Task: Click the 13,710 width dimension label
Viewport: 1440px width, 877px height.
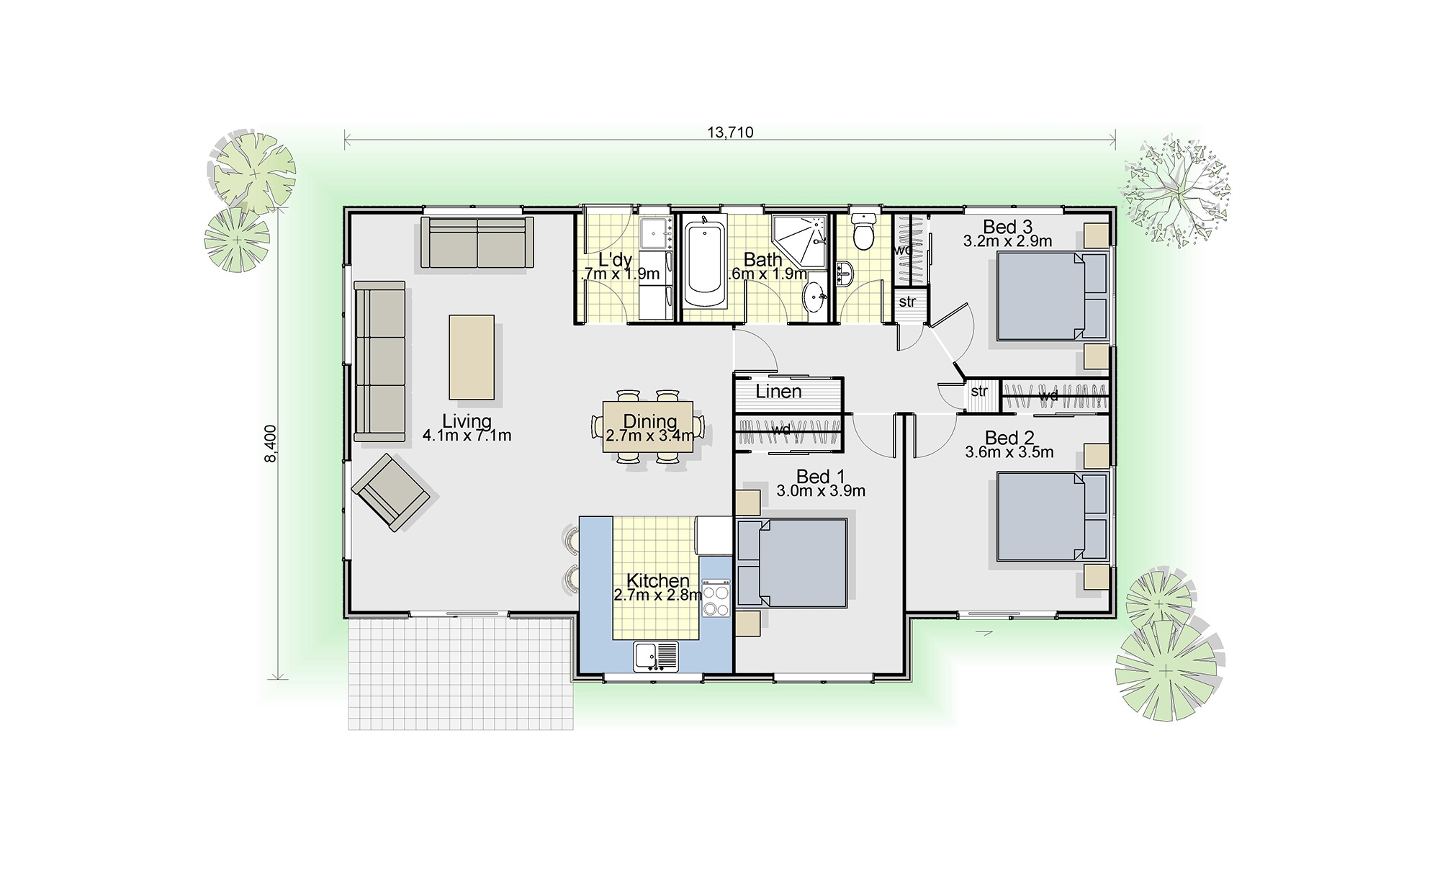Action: point(730,132)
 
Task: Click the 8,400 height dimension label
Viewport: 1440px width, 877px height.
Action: point(271,443)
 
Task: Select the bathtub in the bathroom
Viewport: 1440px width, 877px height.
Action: point(705,266)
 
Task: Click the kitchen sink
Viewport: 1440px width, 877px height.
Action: point(656,657)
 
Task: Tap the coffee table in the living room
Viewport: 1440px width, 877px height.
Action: point(472,357)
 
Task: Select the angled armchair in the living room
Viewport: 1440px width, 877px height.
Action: point(390,493)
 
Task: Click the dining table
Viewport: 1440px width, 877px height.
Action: point(648,427)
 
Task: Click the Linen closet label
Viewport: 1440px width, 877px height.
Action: point(778,392)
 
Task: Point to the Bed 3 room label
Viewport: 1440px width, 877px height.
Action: point(1007,227)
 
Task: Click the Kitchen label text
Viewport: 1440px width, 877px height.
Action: point(657,580)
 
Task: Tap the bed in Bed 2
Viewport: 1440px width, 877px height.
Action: point(1040,516)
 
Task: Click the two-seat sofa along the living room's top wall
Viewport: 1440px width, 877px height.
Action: point(477,243)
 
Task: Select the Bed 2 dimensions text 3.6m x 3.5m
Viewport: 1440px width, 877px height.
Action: point(1009,453)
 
